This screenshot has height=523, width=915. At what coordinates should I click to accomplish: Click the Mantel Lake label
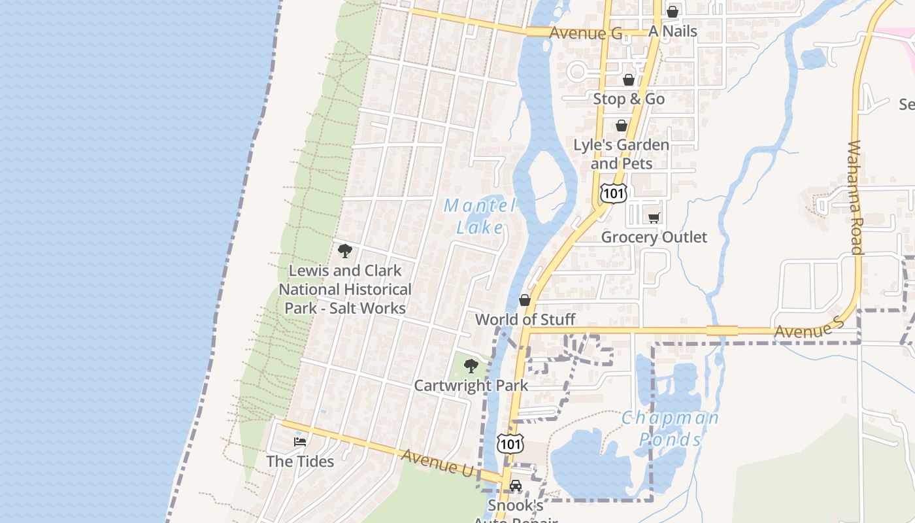pyautogui.click(x=480, y=216)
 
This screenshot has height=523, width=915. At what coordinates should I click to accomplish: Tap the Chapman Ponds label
pyautogui.click(x=670, y=428)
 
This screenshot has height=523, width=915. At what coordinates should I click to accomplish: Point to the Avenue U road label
pyautogui.click(x=437, y=462)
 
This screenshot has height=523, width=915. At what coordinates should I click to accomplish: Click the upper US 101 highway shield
pyautogui.click(x=614, y=193)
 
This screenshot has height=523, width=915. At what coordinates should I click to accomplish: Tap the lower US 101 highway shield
pyautogui.click(x=510, y=444)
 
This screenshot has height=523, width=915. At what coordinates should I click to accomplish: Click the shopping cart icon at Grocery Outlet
pyautogui.click(x=654, y=218)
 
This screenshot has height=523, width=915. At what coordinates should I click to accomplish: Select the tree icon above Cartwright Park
pyautogui.click(x=471, y=366)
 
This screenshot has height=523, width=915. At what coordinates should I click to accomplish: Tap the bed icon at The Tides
pyautogui.click(x=300, y=442)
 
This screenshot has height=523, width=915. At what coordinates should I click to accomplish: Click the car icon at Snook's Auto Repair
pyautogui.click(x=516, y=486)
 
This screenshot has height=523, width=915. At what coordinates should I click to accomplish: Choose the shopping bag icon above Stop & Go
pyautogui.click(x=628, y=80)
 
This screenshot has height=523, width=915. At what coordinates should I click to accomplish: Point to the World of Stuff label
pyautogui.click(x=525, y=319)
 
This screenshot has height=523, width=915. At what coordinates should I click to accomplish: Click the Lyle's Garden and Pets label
pyautogui.click(x=621, y=154)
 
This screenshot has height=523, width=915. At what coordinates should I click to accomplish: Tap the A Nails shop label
pyautogui.click(x=673, y=31)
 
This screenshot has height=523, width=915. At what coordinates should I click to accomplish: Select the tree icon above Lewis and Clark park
pyautogui.click(x=344, y=250)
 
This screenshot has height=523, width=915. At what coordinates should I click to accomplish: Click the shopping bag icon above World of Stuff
pyautogui.click(x=524, y=300)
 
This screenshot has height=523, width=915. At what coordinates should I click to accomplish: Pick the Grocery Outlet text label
pyautogui.click(x=654, y=237)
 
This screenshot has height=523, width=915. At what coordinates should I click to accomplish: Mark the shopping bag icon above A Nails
pyautogui.click(x=672, y=12)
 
